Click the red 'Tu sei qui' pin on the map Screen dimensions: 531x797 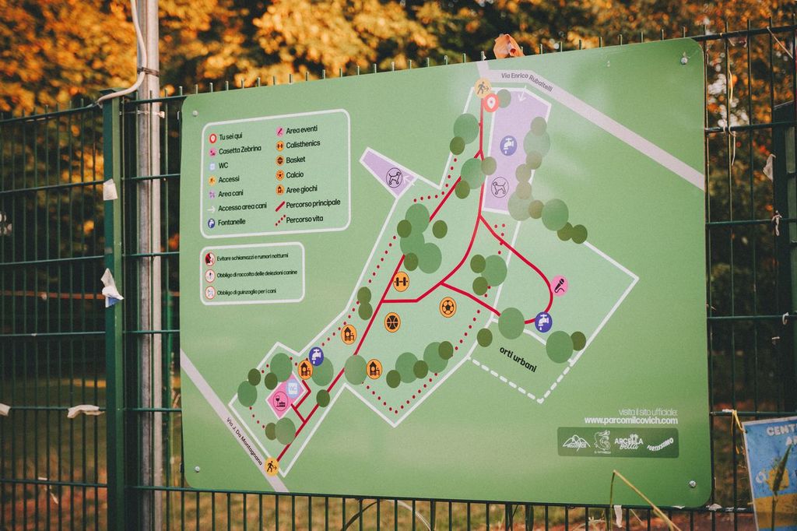490,102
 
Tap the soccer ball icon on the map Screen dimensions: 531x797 448,307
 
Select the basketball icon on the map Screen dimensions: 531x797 392,322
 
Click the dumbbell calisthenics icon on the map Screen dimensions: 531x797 401,281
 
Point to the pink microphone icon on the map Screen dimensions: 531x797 559,286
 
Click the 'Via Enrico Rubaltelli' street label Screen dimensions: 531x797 527,82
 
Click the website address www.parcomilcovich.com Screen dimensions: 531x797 630,420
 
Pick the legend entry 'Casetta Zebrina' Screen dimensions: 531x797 240,149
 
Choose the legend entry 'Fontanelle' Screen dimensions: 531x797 237,223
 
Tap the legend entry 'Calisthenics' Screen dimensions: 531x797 303,144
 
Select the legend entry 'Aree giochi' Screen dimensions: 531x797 302,189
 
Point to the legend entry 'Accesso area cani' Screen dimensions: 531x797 242,206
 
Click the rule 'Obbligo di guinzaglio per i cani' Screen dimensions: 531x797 246,292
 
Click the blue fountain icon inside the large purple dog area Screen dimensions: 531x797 508,146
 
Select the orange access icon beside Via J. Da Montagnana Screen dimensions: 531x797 272,466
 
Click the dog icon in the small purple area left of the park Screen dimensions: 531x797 395,178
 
